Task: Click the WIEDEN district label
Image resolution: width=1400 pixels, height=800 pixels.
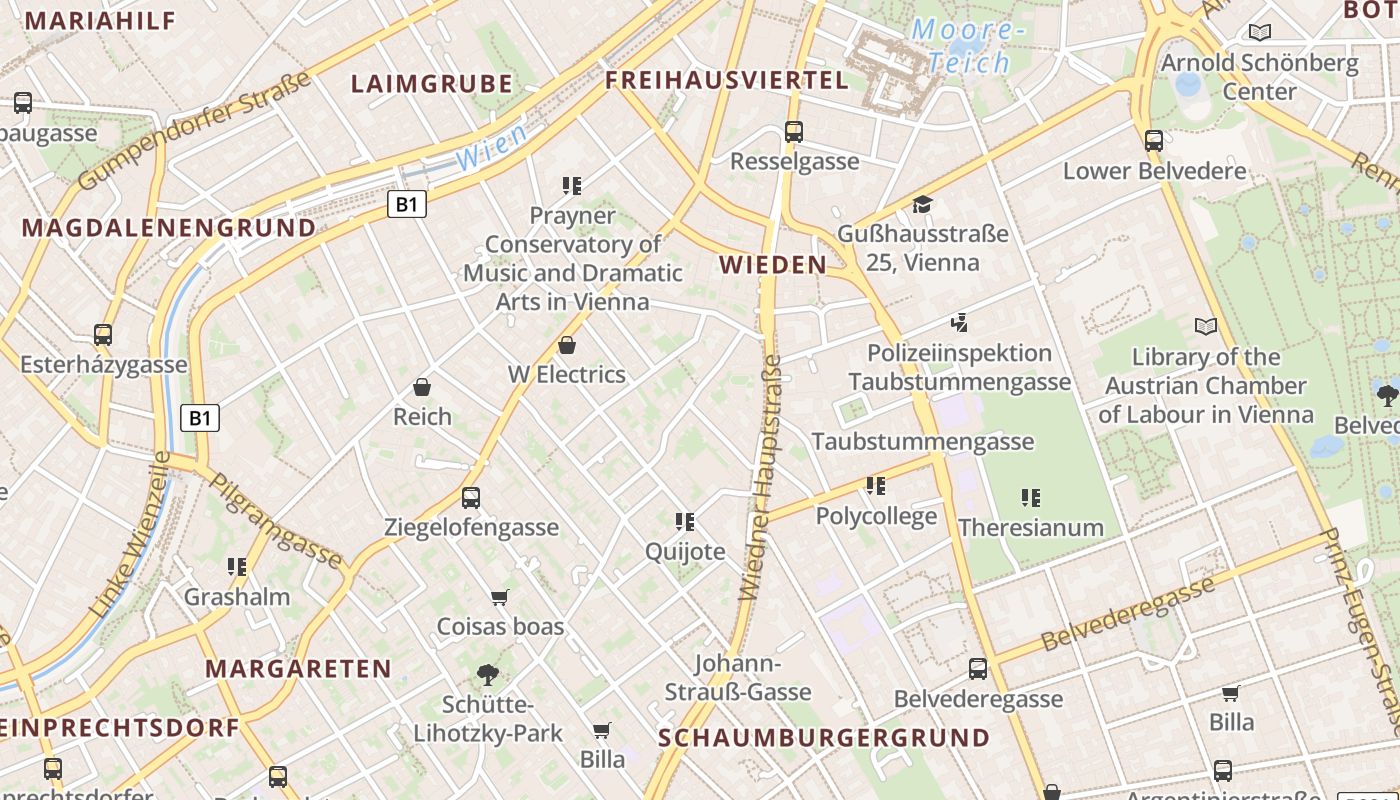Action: point(772,265)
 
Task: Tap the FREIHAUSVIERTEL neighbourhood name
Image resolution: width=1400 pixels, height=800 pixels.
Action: point(727,80)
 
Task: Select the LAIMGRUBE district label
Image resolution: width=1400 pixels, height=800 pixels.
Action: point(432,84)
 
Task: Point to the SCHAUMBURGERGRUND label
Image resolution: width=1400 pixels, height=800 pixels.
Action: point(825,738)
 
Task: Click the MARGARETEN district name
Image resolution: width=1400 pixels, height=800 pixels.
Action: point(298,669)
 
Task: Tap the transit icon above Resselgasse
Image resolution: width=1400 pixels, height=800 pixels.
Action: point(794,131)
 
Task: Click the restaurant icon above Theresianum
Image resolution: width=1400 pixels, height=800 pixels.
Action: point(1031,497)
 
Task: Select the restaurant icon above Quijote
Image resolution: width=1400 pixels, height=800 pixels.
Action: point(685,521)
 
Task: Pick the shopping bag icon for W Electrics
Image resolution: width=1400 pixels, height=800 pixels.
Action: point(567,345)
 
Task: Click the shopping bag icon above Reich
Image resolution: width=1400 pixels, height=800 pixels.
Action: point(422,387)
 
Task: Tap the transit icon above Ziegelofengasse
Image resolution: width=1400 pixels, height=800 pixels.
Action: point(471,497)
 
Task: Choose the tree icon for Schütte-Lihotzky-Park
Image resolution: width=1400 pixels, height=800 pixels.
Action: point(488,674)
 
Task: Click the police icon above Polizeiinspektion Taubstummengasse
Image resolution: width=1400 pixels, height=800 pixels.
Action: point(960,323)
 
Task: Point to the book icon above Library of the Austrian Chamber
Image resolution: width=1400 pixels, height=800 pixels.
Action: point(1206,326)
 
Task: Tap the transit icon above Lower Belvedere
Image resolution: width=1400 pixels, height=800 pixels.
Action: point(1154,140)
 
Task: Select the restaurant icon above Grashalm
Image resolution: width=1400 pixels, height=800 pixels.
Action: point(237,567)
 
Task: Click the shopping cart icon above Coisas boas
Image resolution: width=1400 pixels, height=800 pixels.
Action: point(500,597)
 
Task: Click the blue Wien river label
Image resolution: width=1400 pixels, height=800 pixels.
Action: point(491,148)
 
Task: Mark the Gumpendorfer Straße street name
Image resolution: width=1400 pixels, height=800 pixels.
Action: point(196,131)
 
